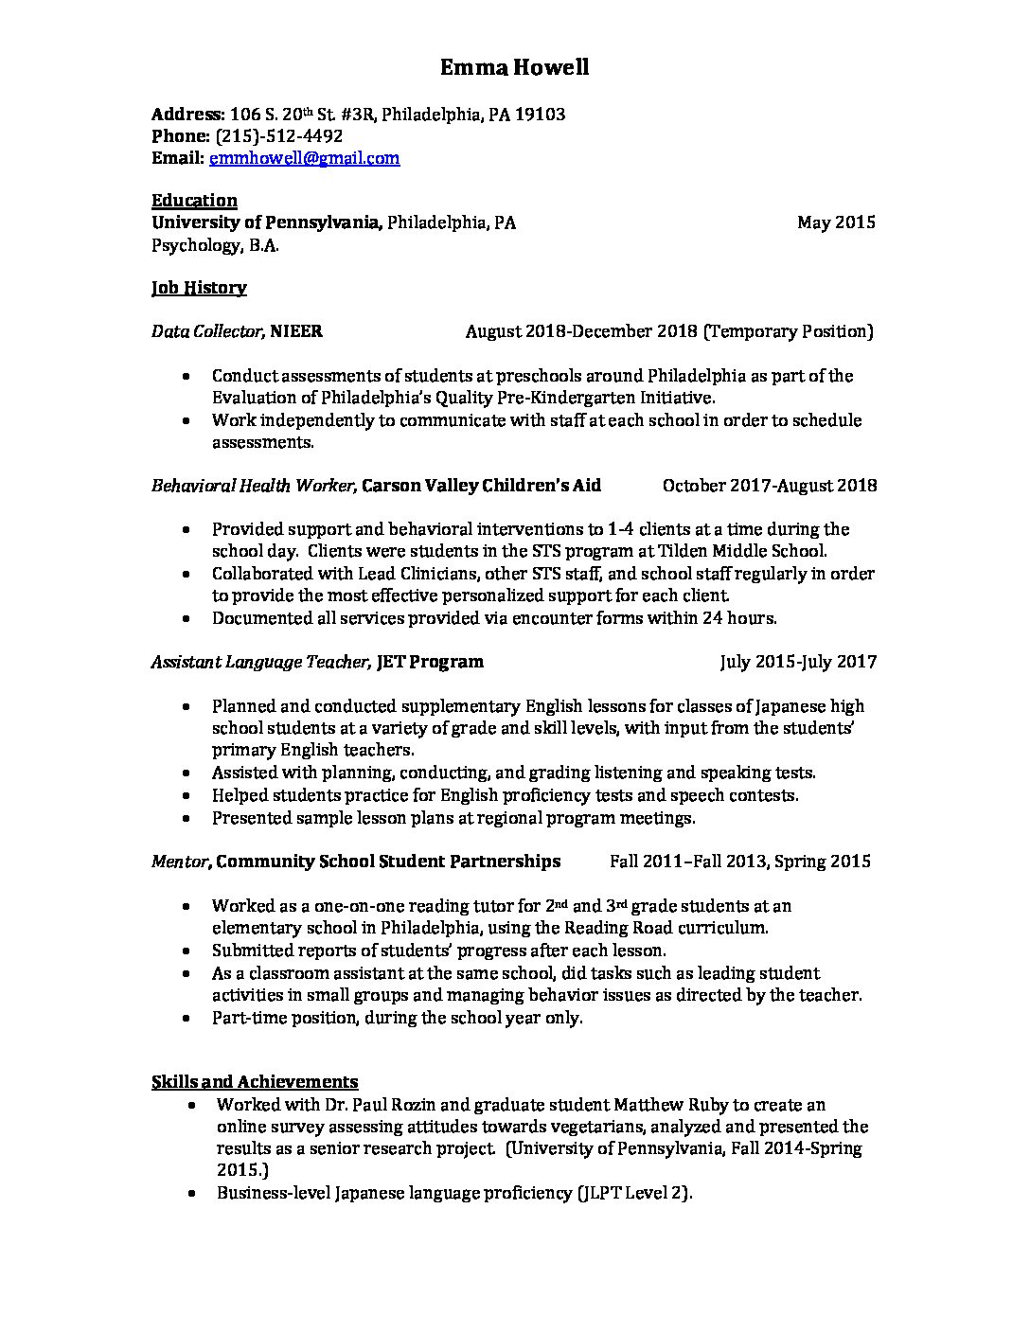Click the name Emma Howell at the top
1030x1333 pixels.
[x=515, y=67]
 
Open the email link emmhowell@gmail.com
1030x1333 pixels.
[x=304, y=158]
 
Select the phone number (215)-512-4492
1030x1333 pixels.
[x=279, y=136]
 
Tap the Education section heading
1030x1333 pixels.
[x=194, y=200]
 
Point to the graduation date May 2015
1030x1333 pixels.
[x=836, y=222]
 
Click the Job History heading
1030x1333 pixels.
[x=199, y=287]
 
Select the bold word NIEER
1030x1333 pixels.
[x=296, y=331]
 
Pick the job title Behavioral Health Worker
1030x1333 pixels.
[x=253, y=486]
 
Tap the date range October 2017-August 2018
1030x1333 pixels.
[x=770, y=486]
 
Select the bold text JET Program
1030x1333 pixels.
[x=430, y=662]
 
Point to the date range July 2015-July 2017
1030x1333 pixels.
[x=798, y=662]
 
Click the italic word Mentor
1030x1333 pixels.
[x=181, y=862]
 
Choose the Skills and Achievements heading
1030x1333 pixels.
[x=255, y=1081]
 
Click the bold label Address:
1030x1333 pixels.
[x=187, y=115]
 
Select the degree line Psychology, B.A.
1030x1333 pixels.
[x=216, y=245]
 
